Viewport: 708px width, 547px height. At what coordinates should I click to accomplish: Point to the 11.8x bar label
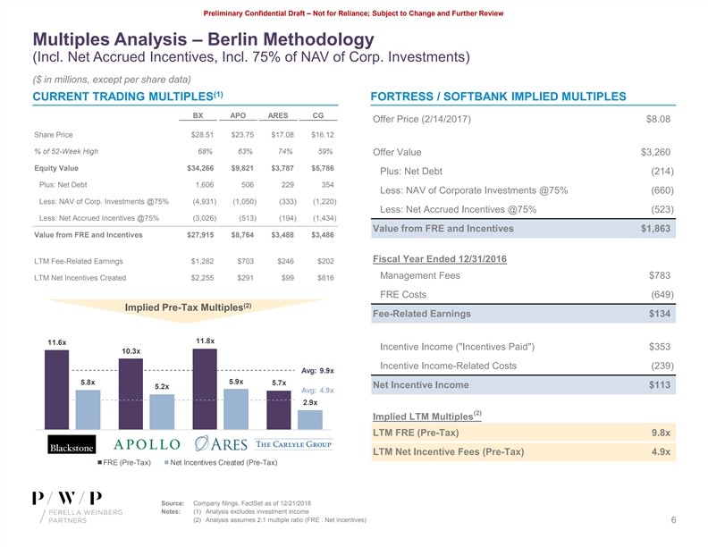point(204,340)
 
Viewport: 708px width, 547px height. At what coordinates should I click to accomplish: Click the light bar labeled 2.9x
point(309,418)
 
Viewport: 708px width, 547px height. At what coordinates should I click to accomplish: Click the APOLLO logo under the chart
point(147,445)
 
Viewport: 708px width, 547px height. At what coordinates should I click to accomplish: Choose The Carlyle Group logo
point(294,445)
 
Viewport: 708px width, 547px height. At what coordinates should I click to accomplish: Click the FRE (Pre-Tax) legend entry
point(128,462)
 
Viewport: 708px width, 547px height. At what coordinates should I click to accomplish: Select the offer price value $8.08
point(658,121)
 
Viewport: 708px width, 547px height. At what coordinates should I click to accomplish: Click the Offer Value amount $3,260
point(655,152)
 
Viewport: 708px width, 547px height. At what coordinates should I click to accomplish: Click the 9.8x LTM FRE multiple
point(661,433)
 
